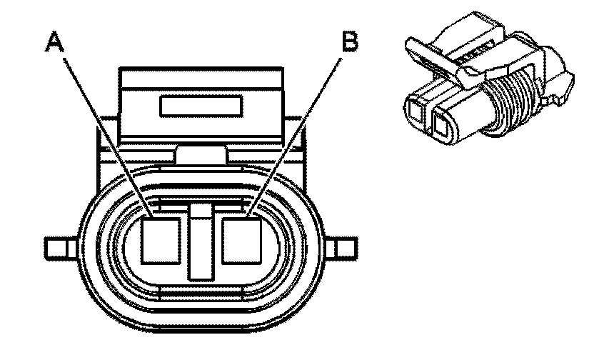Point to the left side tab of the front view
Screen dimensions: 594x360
(x=57, y=248)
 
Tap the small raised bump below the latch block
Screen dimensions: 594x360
(x=202, y=156)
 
